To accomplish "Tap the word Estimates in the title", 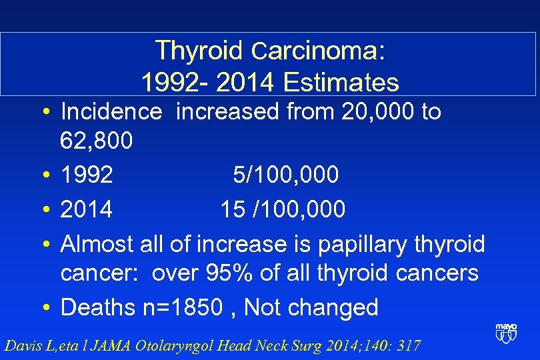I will [341, 83].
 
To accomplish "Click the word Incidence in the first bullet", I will [111, 111].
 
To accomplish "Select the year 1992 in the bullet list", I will [87, 175].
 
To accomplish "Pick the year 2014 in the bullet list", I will [87, 209].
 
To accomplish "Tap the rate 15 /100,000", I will [283, 209].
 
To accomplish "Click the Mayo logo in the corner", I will [506, 333].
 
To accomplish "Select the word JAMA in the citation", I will [112, 345].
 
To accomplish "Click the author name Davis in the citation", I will [22, 345].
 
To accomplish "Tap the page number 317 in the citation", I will [407, 345].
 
